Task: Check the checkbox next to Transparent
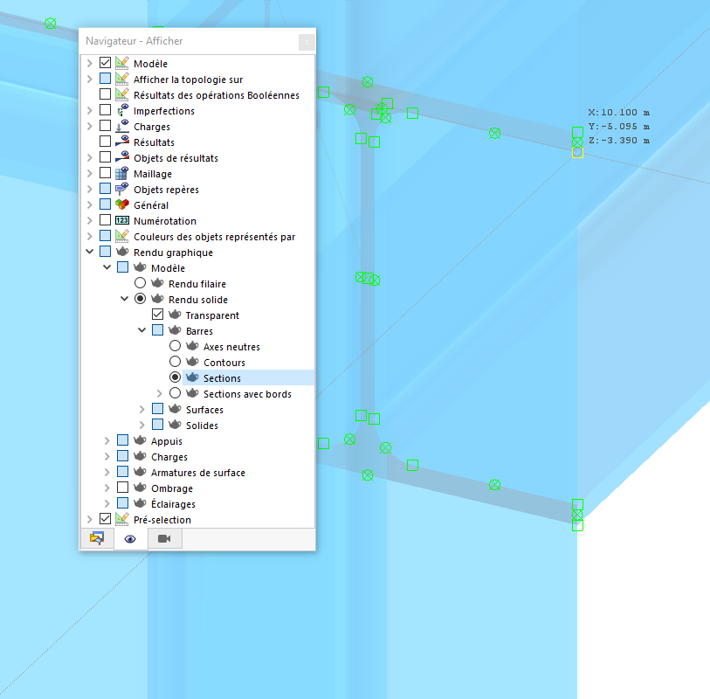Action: (x=157, y=315)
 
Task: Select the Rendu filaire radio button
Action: (x=141, y=283)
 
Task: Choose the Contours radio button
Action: (x=176, y=362)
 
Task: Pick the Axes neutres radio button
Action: (x=176, y=346)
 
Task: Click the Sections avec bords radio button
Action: (x=176, y=393)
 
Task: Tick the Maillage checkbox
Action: (x=105, y=173)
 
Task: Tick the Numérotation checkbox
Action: (x=105, y=220)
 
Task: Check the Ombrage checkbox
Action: (x=123, y=488)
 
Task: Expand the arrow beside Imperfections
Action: (x=90, y=111)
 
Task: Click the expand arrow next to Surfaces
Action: (x=142, y=410)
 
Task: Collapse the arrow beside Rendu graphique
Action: (x=90, y=252)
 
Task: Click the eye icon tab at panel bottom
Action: (x=130, y=538)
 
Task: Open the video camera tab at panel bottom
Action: (x=164, y=538)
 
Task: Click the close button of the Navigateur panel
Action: (x=307, y=42)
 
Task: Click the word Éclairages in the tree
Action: (x=173, y=504)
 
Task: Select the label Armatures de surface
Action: (x=198, y=473)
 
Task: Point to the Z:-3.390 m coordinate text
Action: (x=619, y=141)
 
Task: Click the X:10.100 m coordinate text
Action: (x=619, y=113)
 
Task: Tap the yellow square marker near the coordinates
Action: (x=577, y=153)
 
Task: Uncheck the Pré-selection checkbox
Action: (x=105, y=519)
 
